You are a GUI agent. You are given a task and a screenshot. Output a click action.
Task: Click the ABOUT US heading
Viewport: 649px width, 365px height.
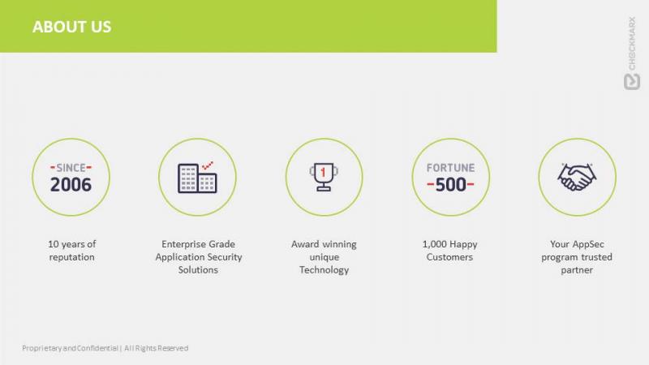coord(71,27)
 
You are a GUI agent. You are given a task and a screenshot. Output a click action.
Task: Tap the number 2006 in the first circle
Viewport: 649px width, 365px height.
coord(71,185)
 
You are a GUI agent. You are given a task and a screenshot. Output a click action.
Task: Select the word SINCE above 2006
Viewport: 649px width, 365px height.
coord(71,168)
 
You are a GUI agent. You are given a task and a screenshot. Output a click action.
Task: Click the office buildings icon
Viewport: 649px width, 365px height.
coord(197,178)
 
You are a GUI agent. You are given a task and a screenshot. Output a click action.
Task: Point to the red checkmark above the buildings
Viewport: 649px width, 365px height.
coord(208,165)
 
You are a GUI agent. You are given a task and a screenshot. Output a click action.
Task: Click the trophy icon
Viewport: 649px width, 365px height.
coord(324,177)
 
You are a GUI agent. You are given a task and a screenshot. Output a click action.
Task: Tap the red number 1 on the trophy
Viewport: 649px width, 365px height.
coord(323,172)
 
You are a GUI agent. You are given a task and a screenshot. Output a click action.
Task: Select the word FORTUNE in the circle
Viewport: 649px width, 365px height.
coord(450,168)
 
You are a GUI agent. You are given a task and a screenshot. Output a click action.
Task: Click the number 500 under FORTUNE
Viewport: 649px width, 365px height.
coord(450,185)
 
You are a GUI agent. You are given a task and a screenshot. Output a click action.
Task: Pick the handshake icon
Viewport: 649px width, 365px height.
coord(577,177)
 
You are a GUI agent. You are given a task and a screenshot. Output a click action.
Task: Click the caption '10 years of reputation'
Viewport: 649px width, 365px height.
coord(71,251)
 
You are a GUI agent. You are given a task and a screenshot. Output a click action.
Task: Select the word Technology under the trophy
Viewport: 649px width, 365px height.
coord(324,270)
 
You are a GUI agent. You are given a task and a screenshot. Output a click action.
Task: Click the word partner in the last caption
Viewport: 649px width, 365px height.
coord(577,270)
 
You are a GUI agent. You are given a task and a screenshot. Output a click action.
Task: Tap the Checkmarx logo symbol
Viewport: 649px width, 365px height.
coord(632,82)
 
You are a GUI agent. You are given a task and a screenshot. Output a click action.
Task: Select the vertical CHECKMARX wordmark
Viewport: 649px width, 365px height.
coord(632,43)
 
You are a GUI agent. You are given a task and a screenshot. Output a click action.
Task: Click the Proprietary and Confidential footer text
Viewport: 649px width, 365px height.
coord(105,348)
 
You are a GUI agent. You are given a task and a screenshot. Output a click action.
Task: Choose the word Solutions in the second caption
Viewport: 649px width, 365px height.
coord(198,270)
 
